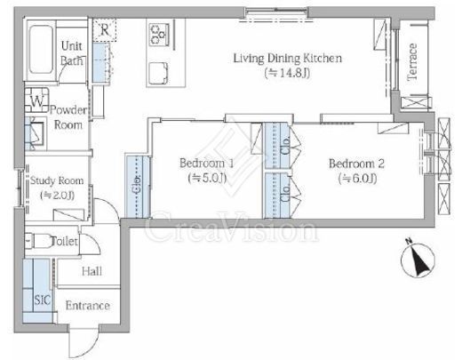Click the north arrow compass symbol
pos(418,259)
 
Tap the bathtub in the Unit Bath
pos(41,49)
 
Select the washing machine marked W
pos(36,100)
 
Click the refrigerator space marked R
pos(104,29)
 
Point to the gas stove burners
pos(159,35)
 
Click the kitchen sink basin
pos(159,73)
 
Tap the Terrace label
pos(412,61)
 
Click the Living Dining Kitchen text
pos(288,58)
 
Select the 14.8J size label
pos(288,73)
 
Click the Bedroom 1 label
pos(206,163)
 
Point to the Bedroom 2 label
pos(357,164)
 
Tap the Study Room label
pos(57,180)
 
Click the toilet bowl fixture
pos(38,240)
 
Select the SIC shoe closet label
pos(43,300)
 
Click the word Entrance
pos(88,306)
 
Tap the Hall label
pos(92,271)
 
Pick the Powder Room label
pos(68,117)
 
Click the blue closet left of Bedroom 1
pos(138,187)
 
